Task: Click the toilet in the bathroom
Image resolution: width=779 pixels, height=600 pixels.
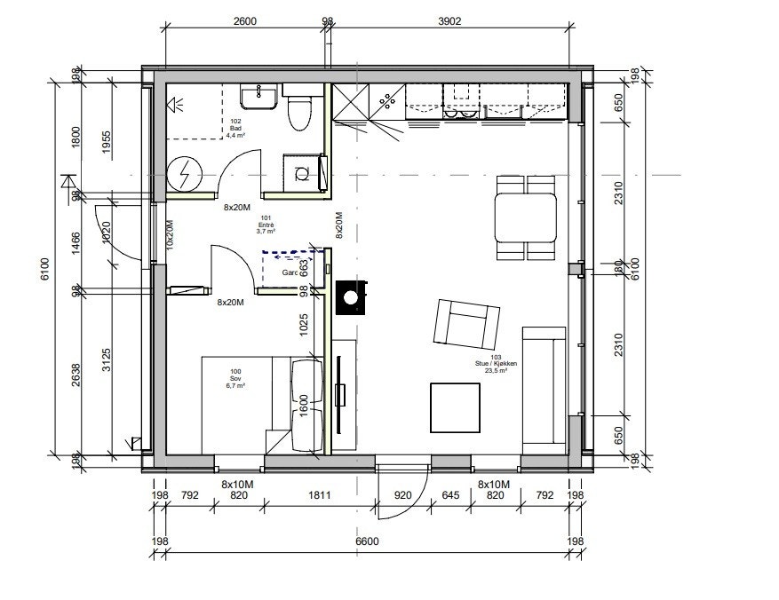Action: [x=300, y=110]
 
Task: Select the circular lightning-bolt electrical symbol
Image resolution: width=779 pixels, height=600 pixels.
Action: [x=186, y=174]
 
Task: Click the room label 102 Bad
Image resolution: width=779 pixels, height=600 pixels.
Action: [x=235, y=129]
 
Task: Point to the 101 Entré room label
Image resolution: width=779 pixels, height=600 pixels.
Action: [x=265, y=225]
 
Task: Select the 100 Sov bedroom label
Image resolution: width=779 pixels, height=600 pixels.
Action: [x=235, y=379]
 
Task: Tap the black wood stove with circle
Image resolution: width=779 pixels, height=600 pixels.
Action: [x=354, y=296]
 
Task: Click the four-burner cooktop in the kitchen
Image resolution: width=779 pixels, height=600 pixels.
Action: [x=388, y=103]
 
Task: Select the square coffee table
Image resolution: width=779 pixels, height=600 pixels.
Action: [x=457, y=407]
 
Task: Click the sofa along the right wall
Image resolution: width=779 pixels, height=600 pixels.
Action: [x=544, y=388]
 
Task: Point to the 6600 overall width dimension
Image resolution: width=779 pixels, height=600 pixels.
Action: [x=368, y=541]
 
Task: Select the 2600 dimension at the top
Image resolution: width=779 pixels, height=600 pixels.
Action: [x=244, y=22]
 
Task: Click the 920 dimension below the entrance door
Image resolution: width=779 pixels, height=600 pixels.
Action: [x=402, y=495]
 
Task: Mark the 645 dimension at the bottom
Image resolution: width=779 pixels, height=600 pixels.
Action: [x=450, y=495]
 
